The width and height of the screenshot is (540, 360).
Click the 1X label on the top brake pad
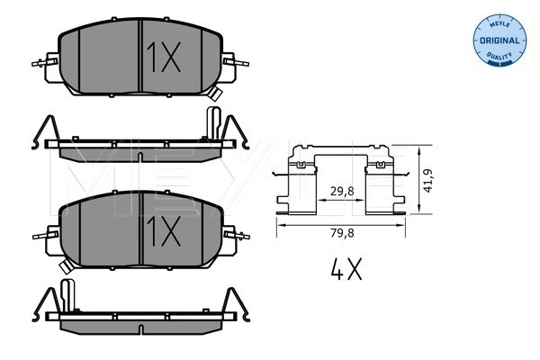164,58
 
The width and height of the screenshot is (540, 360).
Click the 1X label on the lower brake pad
164,231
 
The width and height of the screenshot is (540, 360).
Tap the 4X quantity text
346,269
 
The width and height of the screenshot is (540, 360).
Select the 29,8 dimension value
342,191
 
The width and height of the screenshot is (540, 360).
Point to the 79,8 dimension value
342,233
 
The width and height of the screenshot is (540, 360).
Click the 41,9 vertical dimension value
428,181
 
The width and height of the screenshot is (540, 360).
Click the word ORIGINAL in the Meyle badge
499,40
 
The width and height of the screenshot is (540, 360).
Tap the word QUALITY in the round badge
499,56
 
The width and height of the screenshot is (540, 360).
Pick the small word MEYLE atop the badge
499,24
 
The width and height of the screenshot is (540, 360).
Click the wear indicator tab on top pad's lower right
215,94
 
